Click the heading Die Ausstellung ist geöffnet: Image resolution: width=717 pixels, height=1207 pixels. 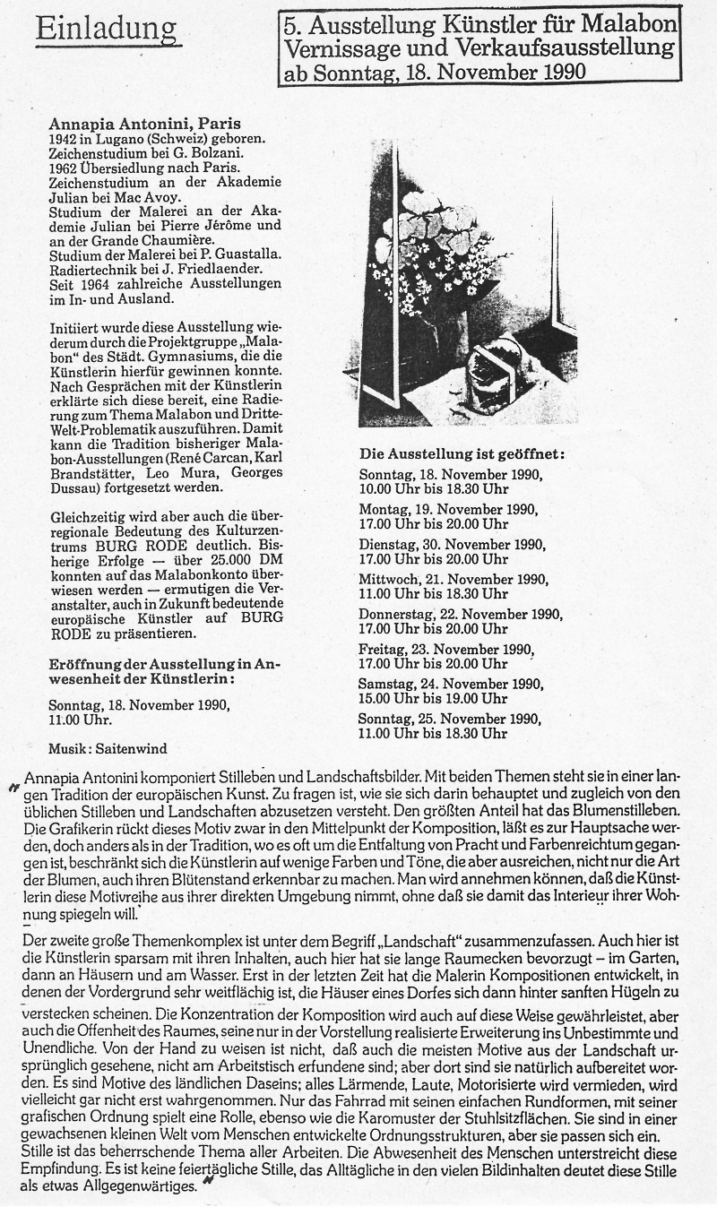tap(462, 453)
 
